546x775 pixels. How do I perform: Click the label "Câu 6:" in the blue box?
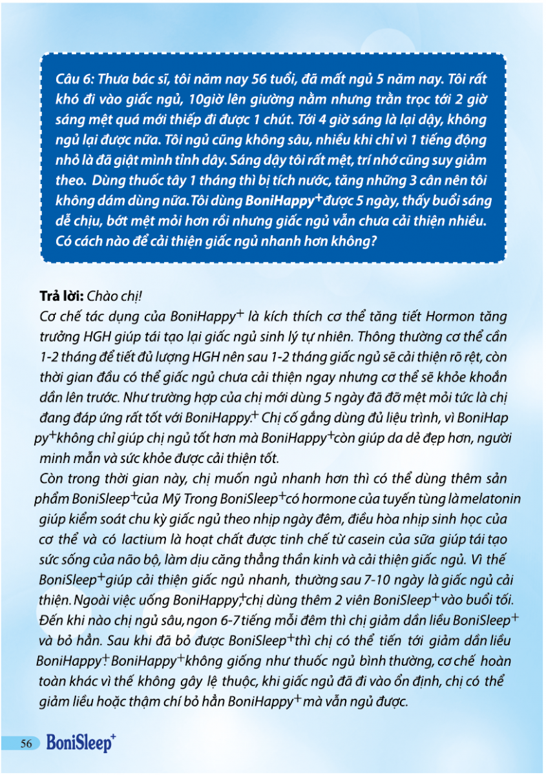[x=76, y=79]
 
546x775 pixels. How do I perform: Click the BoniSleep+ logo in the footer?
[x=81, y=744]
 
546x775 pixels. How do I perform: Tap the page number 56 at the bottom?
[x=26, y=744]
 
